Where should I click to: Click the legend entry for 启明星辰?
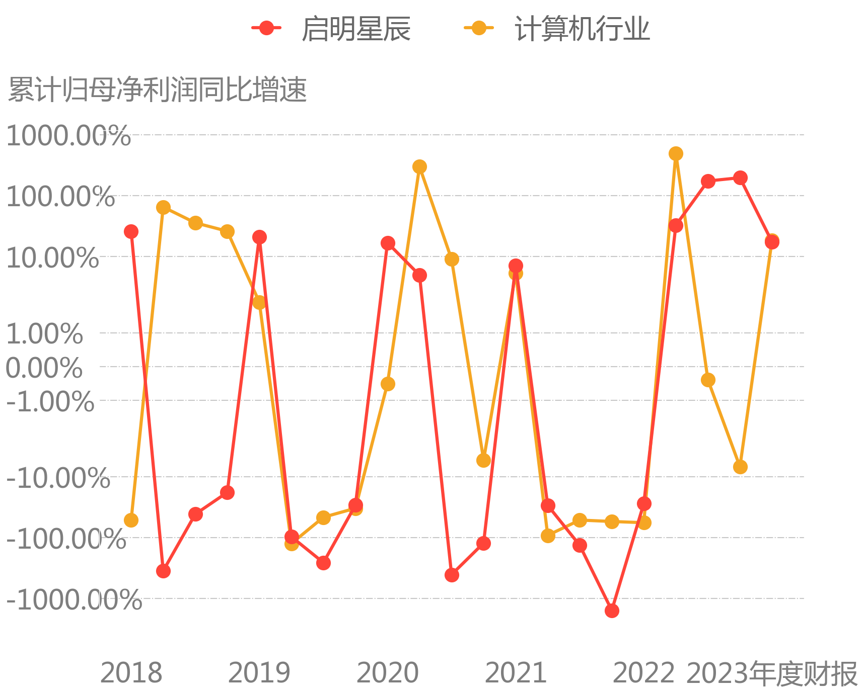tap(331, 28)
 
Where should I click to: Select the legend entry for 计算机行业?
tap(557, 28)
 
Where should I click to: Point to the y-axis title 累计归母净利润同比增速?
tap(158, 91)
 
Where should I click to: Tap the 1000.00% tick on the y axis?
tap(68, 136)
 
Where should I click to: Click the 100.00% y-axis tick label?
tap(60, 196)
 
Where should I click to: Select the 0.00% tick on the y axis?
tap(44, 368)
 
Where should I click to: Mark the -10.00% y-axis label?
tap(58, 478)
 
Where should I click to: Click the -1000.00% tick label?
tap(74, 599)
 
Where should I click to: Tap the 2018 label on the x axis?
tap(131, 673)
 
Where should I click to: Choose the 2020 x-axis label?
tap(388, 673)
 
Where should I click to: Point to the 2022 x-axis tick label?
tap(644, 673)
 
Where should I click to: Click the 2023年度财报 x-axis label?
tap(772, 673)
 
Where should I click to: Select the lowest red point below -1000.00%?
tap(612, 611)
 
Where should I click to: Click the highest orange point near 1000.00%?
tap(676, 153)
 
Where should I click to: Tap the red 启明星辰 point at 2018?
tap(131, 231)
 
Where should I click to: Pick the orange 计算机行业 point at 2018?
tap(131, 520)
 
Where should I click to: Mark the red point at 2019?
tap(259, 237)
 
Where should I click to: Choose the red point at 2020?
tap(388, 243)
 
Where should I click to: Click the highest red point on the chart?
tap(740, 178)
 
